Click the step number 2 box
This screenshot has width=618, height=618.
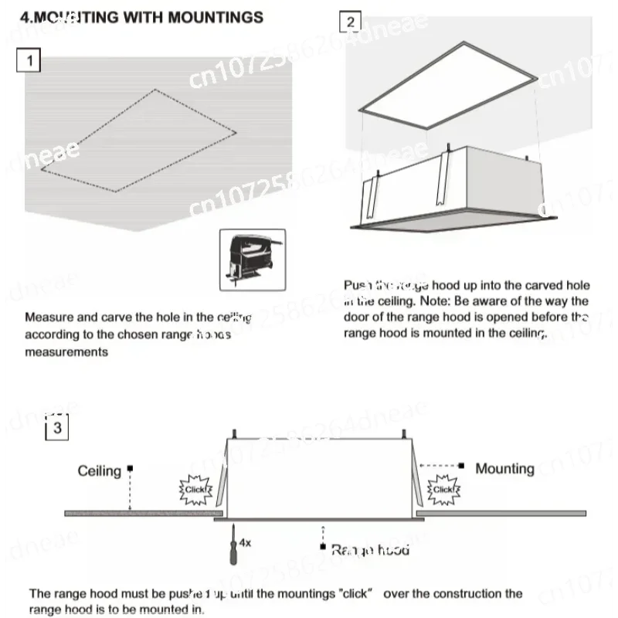tap(351, 22)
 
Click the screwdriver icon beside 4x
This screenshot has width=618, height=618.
tap(229, 542)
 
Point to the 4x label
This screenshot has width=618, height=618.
tap(246, 543)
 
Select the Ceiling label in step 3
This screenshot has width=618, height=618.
tap(100, 470)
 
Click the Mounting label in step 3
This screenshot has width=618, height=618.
tap(504, 468)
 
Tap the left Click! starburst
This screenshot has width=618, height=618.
tap(194, 489)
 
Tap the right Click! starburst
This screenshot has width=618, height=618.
tap(443, 489)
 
